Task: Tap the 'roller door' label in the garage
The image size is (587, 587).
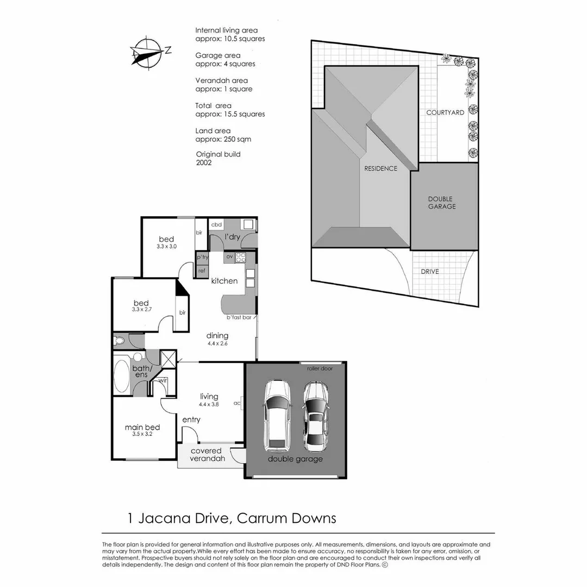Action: [x=320, y=368]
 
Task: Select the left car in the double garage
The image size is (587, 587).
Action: [x=277, y=416]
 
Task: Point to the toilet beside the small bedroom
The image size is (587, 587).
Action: [x=120, y=341]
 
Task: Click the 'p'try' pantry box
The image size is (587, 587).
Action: [x=202, y=257]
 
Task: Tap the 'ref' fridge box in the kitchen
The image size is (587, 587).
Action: [x=202, y=270]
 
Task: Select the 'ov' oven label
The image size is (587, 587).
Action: [x=229, y=257]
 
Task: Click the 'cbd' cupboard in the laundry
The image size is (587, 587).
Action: [x=216, y=224]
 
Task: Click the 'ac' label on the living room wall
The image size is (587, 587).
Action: [x=237, y=403]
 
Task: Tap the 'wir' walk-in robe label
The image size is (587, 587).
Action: [x=163, y=380]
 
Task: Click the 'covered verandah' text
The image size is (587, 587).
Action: [x=207, y=455]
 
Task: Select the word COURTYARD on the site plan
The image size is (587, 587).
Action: [x=445, y=113]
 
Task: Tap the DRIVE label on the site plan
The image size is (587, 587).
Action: [x=429, y=271]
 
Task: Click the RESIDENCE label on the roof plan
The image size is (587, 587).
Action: [x=380, y=168]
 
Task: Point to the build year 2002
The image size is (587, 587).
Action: [x=204, y=163]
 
